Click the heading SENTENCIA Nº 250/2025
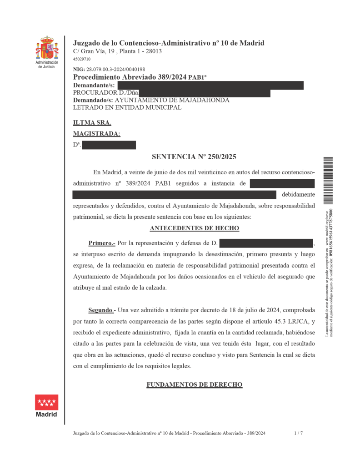coord(194,157)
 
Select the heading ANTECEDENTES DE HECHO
coord(194,228)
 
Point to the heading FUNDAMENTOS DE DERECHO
coord(194,385)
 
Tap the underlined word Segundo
coord(100,310)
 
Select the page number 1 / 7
coord(298,434)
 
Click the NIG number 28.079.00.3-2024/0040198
coord(115,70)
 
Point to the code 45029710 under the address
coord(82,59)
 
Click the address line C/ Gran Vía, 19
coord(117,51)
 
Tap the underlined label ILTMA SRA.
coord(92,122)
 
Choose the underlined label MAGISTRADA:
coord(97,134)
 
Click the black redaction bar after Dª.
coord(109,145)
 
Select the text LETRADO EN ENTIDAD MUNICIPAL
coord(127,108)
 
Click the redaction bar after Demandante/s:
coord(210,85)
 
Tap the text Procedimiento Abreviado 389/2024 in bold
coord(130,77)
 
